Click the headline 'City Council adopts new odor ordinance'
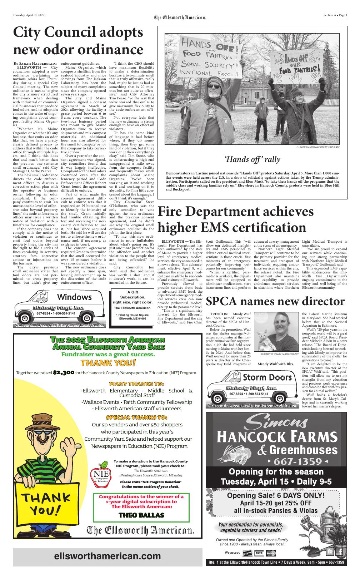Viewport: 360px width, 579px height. click(78, 40)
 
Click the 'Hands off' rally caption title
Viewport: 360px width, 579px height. click(252, 159)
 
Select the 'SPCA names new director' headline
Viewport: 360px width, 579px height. click(275, 301)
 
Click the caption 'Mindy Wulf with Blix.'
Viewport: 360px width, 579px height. click(276, 364)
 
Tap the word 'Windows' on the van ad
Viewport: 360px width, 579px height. click(74, 297)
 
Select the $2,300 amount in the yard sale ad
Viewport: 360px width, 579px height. click(64, 373)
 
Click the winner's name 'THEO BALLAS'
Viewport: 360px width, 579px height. click(141, 515)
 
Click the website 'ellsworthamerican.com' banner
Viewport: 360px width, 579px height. click(107, 556)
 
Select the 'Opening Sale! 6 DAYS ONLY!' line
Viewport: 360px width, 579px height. click(276, 496)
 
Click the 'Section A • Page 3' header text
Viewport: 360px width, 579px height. click(335, 15)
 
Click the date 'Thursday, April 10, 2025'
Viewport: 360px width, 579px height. click(28, 15)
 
